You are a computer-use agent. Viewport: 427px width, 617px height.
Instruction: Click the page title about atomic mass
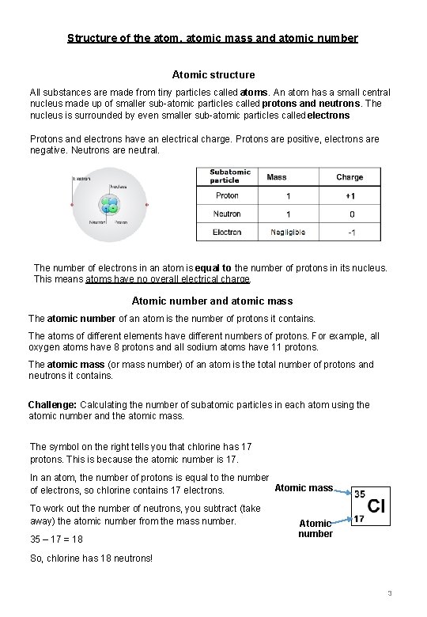pyautogui.click(x=213, y=38)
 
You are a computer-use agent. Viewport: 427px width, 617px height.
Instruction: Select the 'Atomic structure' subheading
pyautogui.click(x=213, y=75)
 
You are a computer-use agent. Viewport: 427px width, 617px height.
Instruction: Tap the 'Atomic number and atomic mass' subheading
pyautogui.click(x=212, y=301)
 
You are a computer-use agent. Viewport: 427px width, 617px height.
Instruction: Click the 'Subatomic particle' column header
pyautogui.click(x=229, y=176)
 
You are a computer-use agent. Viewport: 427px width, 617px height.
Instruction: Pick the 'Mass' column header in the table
pyautogui.click(x=276, y=177)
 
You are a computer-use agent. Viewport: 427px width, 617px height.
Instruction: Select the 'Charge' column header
pyautogui.click(x=350, y=177)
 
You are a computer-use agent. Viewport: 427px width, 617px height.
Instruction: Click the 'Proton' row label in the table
pyautogui.click(x=227, y=195)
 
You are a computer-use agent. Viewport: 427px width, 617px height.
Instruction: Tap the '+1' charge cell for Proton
pyautogui.click(x=350, y=195)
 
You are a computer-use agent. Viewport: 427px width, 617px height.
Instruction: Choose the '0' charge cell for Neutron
pyautogui.click(x=352, y=214)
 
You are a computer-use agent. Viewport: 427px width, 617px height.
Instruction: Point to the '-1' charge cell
pyautogui.click(x=351, y=233)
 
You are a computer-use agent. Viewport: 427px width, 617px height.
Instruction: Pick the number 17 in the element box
pyautogui.click(x=358, y=520)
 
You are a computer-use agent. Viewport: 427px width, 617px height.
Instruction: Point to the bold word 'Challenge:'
pyautogui.click(x=52, y=405)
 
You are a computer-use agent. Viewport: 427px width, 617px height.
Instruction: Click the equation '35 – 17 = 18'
pyautogui.click(x=55, y=539)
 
